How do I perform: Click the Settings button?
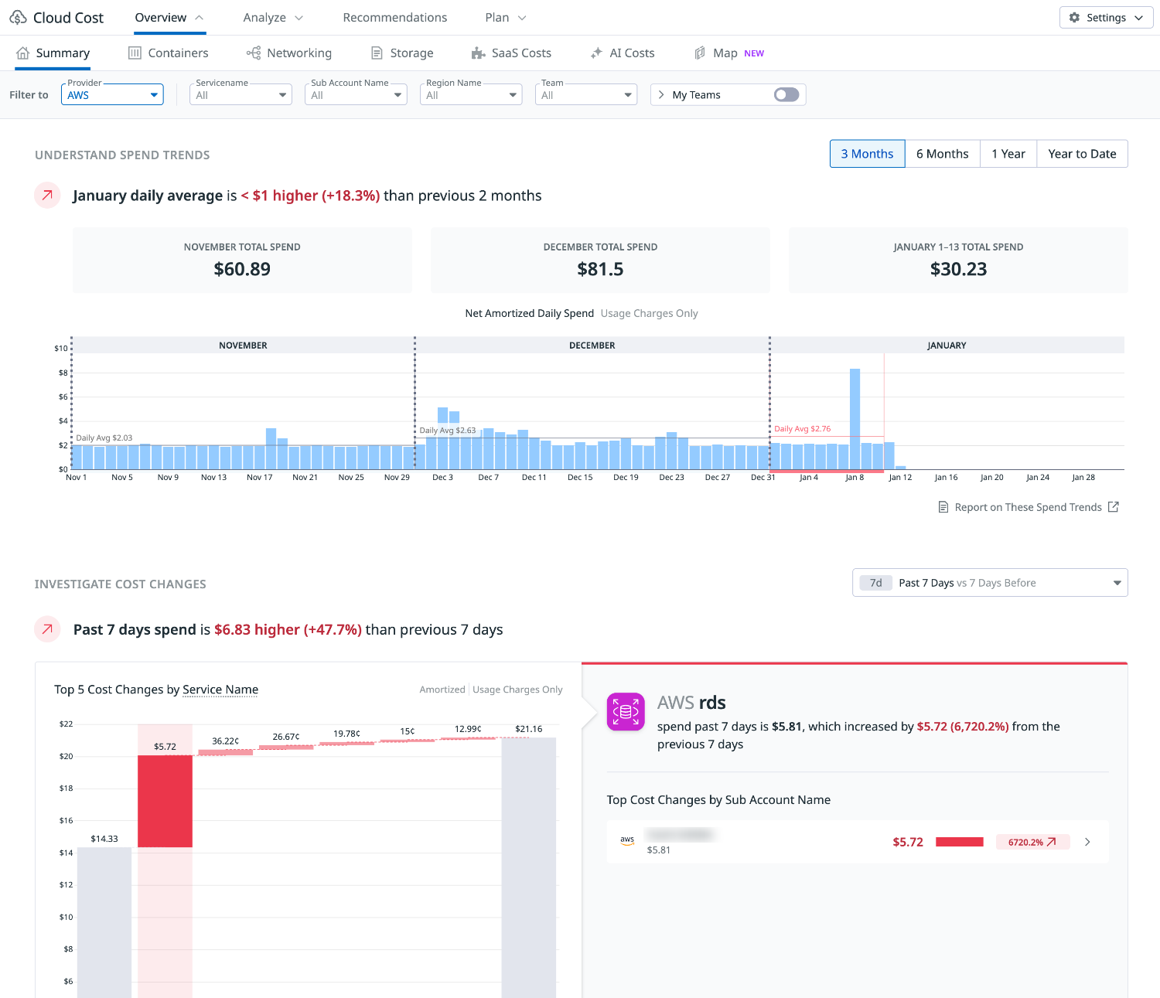click(x=1106, y=18)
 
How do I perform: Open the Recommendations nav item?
click(x=394, y=18)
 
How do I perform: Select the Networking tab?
click(x=299, y=53)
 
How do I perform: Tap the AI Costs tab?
click(x=631, y=53)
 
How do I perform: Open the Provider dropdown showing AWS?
click(x=112, y=95)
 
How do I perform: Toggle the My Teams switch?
click(x=786, y=94)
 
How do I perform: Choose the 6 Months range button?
click(x=942, y=154)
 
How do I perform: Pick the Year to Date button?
click(x=1082, y=154)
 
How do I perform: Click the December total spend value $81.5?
click(x=600, y=269)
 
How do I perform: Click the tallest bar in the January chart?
click(x=855, y=418)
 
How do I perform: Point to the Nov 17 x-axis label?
click(x=260, y=478)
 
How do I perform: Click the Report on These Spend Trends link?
click(x=1028, y=507)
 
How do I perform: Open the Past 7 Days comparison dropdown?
click(x=990, y=583)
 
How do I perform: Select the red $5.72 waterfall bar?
click(x=165, y=801)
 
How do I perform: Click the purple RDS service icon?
click(x=626, y=711)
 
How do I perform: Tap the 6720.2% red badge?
click(x=1032, y=842)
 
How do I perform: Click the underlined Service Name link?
click(x=220, y=690)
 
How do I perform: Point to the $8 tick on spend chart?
click(x=63, y=373)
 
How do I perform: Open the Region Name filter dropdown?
click(x=471, y=95)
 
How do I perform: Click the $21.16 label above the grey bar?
click(x=529, y=729)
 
